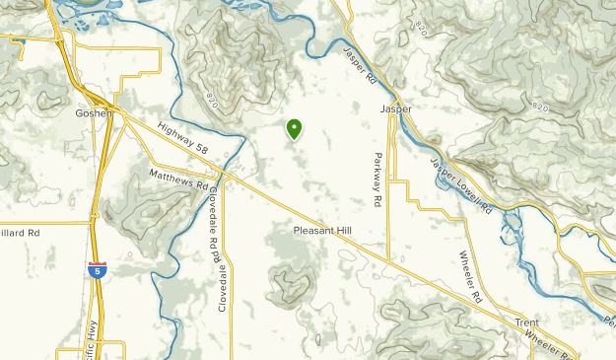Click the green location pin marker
(294, 129)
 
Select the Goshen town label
(94, 112)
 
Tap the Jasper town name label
(396, 108)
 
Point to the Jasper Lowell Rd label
(460, 184)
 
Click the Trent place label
(526, 323)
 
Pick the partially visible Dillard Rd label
(20, 233)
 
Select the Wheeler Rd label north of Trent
(469, 277)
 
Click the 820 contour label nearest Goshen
(214, 101)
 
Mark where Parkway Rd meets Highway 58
(388, 261)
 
